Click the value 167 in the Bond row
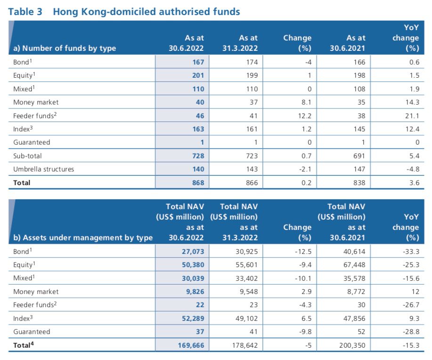click(198, 62)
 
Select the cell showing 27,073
click(193, 252)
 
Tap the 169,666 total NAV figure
click(191, 345)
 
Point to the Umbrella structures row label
click(43, 169)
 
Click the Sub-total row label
click(27, 156)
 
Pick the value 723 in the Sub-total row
click(252, 156)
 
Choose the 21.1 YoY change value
click(412, 116)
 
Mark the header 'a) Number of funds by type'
click(65, 48)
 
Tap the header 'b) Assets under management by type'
click(83, 237)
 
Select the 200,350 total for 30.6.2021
click(352, 345)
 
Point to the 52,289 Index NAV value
click(193, 319)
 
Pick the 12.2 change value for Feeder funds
click(305, 116)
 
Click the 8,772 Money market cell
click(356, 291)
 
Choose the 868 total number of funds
click(198, 182)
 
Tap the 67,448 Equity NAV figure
click(354, 265)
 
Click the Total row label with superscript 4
click(24, 344)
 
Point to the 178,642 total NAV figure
click(245, 345)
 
